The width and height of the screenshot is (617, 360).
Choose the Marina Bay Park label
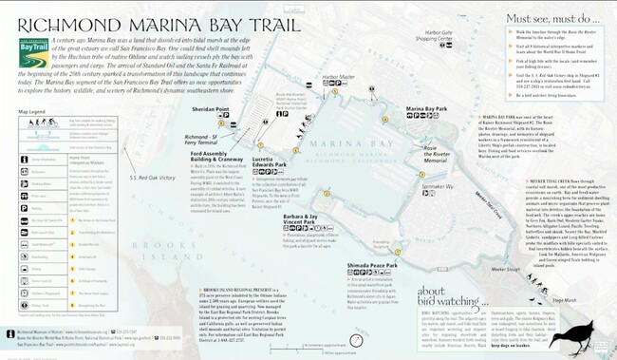coord(426,109)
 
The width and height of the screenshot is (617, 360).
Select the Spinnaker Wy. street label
coord(438,187)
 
